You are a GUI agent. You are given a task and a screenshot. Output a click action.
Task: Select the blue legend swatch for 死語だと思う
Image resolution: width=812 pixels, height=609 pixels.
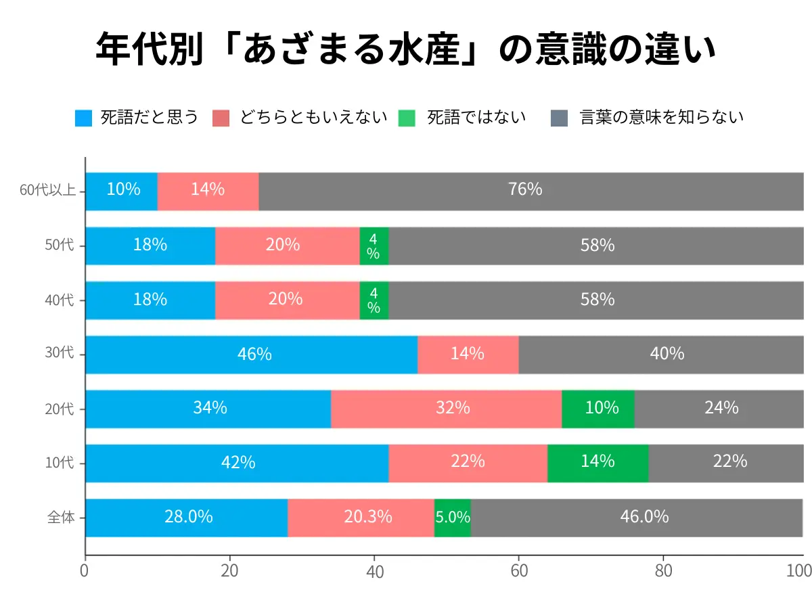[x=83, y=118]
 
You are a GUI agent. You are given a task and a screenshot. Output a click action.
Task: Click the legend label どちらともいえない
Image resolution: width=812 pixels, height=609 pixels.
[x=313, y=118]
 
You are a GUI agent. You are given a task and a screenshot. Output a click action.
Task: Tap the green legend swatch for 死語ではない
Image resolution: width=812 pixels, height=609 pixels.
[x=409, y=118]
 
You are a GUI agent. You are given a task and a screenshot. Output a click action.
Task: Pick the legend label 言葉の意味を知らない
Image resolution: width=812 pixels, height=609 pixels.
[x=661, y=118]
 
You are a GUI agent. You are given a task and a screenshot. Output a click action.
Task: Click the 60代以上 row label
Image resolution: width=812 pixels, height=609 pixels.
[x=47, y=191]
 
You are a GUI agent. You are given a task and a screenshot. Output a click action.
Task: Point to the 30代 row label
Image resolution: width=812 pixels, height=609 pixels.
[x=60, y=355]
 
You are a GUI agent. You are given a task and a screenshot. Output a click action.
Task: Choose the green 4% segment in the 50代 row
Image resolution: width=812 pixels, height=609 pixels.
[x=374, y=246]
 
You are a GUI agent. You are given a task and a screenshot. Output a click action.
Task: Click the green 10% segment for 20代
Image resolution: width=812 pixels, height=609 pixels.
[x=598, y=409]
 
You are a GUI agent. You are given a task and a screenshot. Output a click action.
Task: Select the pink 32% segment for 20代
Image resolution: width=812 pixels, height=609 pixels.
[x=447, y=409]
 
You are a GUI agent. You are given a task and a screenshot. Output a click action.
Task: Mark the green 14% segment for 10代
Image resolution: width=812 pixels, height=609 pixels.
[x=597, y=463]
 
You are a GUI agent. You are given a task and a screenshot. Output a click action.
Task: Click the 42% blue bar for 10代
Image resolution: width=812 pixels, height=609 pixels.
[x=237, y=463]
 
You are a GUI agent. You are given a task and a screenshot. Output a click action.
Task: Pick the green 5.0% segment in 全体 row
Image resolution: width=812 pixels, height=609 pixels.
[x=452, y=518]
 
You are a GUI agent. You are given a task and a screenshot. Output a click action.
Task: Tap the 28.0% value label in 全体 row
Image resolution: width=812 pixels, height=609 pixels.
[x=188, y=517]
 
